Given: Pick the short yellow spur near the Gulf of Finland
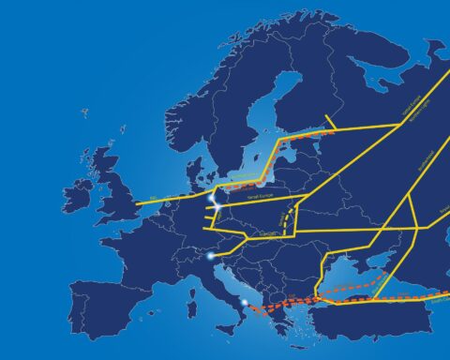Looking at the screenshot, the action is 328,123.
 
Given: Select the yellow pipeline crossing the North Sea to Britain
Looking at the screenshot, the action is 164,201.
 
